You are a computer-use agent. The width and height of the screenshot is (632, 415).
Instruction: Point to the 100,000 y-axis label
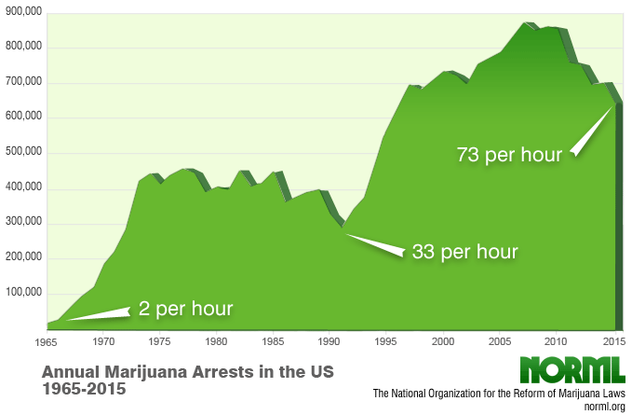22,293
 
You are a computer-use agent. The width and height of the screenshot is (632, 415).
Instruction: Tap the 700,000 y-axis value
22,82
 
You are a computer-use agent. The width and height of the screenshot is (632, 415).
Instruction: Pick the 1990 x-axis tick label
329,341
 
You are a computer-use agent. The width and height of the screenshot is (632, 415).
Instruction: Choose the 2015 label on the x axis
611,341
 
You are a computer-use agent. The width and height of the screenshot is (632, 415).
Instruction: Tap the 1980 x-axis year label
217,341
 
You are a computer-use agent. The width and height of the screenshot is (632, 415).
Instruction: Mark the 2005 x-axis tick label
499,341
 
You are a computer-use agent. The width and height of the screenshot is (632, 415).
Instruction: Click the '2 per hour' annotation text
185,308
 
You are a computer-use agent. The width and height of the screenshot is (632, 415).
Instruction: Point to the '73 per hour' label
509,155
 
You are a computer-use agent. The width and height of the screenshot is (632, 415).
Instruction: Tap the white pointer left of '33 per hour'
372,243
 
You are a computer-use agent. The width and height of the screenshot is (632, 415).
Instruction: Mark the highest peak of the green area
528,22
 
